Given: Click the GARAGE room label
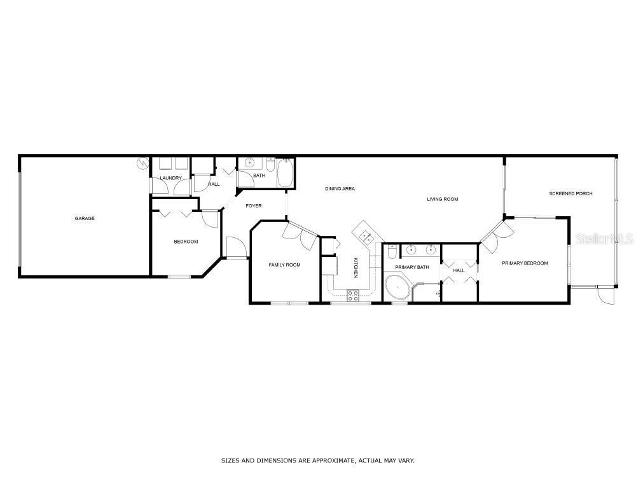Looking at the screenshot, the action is coord(85,218).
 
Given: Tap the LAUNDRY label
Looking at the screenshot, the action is coord(170,178).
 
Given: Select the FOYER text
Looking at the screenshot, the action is coord(254,205).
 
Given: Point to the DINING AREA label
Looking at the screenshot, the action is coord(340,189).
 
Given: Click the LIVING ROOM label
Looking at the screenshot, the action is coord(443,199).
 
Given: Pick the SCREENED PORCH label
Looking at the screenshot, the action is coord(570,193).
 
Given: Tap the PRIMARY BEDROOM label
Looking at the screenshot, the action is coord(525,263).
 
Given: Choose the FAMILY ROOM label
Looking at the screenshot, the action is coord(284,265).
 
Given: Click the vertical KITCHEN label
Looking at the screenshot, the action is coord(356,268).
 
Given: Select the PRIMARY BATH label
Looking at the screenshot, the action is coord(412,267).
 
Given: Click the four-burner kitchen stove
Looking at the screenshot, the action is coord(353,296).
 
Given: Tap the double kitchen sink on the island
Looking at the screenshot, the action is coord(367,237).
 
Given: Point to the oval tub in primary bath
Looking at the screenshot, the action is coord(397,287).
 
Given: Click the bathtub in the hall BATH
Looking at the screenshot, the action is coord(286,173).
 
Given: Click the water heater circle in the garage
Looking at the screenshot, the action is coord(142,163).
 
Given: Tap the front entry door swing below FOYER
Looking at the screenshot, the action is coord(237,247).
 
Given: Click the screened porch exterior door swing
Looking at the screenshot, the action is coord(606,294).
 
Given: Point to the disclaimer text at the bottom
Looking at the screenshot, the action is coord(317,460).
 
